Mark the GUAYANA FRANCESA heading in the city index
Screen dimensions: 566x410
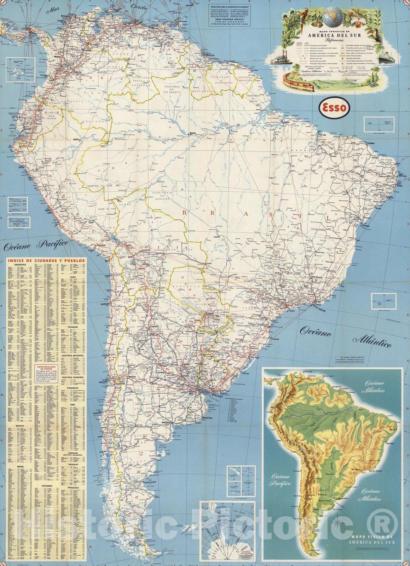[x=72, y=378]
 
